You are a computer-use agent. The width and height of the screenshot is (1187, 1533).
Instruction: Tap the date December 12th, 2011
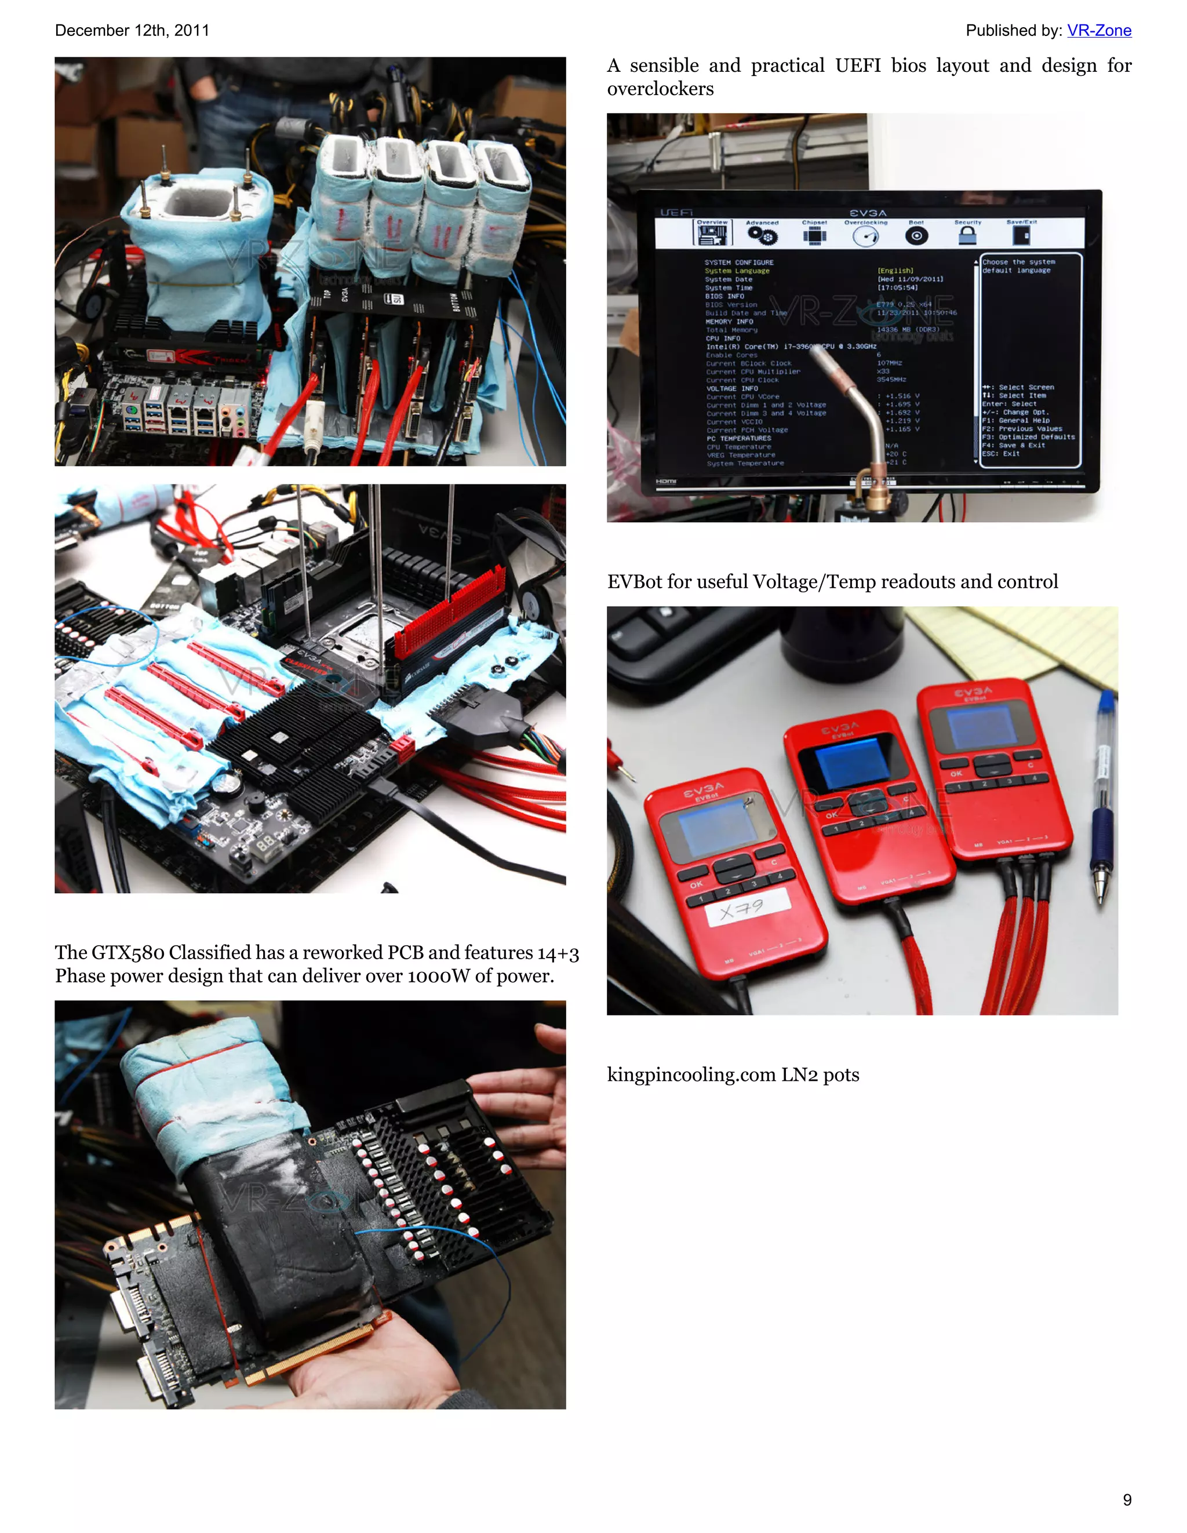click(x=132, y=30)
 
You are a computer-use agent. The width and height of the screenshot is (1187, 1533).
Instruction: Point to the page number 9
click(x=1127, y=1499)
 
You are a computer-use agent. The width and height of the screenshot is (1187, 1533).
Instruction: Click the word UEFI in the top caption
click(x=857, y=66)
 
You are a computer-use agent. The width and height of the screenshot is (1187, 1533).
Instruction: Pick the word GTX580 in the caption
click(x=127, y=952)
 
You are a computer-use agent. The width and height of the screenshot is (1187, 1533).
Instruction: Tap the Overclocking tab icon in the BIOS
click(x=865, y=236)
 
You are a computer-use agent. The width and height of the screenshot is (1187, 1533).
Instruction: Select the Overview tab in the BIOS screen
click(x=712, y=232)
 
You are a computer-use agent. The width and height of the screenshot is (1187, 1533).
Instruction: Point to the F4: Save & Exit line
click(x=1013, y=446)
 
